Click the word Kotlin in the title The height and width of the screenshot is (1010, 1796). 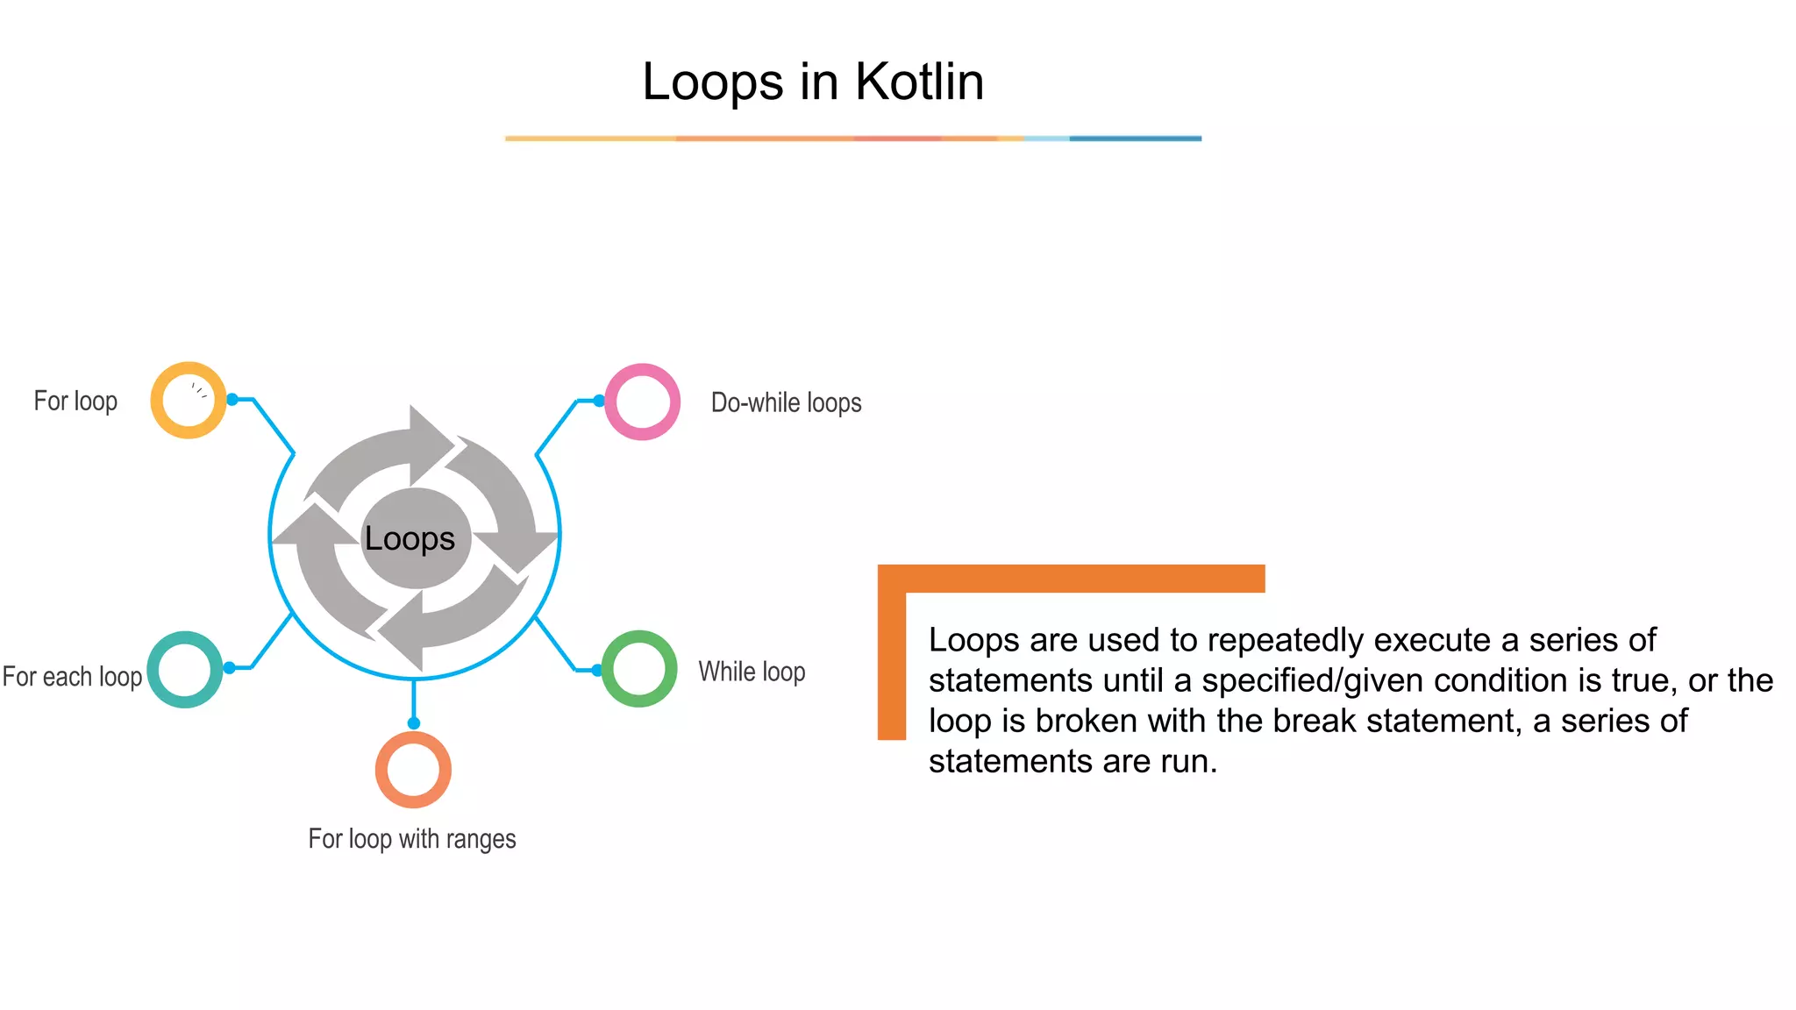(x=919, y=82)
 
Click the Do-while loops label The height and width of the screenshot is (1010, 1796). (x=786, y=403)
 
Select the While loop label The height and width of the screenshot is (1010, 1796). (x=752, y=672)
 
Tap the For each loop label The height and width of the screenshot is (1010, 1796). (x=72, y=677)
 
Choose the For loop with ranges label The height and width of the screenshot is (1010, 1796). (x=411, y=839)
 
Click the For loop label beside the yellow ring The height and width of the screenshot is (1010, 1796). (x=75, y=402)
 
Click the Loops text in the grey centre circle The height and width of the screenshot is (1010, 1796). (x=410, y=538)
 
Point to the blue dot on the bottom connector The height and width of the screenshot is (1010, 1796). (x=414, y=723)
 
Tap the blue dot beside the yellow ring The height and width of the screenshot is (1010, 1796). (x=232, y=400)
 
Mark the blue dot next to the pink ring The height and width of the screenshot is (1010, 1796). (x=599, y=401)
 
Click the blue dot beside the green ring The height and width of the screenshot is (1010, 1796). (x=597, y=671)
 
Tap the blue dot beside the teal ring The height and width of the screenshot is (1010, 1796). (x=229, y=668)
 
